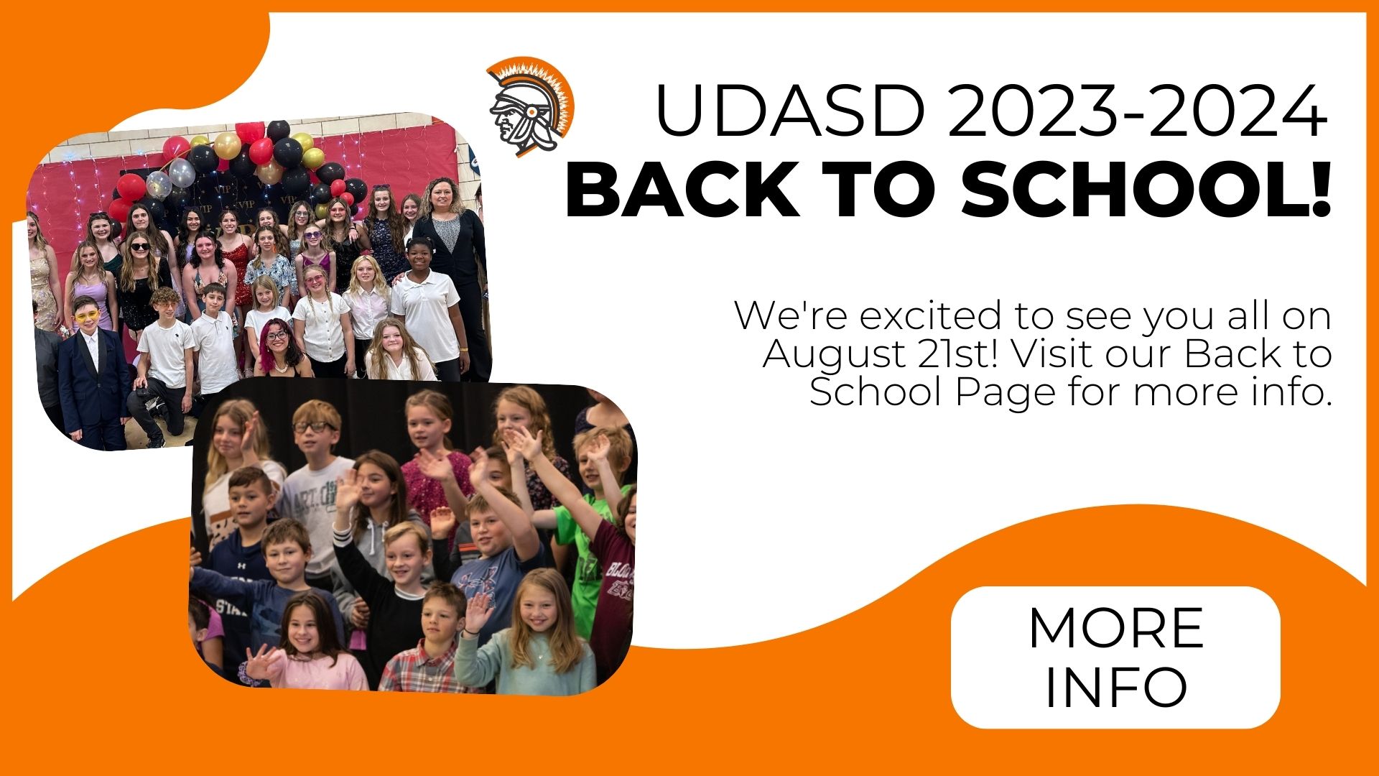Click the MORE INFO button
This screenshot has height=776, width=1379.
[x=1115, y=657]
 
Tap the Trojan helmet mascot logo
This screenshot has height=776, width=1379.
[x=531, y=106]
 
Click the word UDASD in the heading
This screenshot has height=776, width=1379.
[x=790, y=111]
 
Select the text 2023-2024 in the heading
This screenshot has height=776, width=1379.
[x=1137, y=111]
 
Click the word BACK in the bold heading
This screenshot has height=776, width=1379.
[x=682, y=190]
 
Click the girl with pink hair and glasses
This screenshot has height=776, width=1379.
[x=280, y=349]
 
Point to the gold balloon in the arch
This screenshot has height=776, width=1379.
[x=227, y=146]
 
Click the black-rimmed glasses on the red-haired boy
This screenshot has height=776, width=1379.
[x=314, y=427]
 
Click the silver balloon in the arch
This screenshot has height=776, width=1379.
[x=182, y=172]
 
